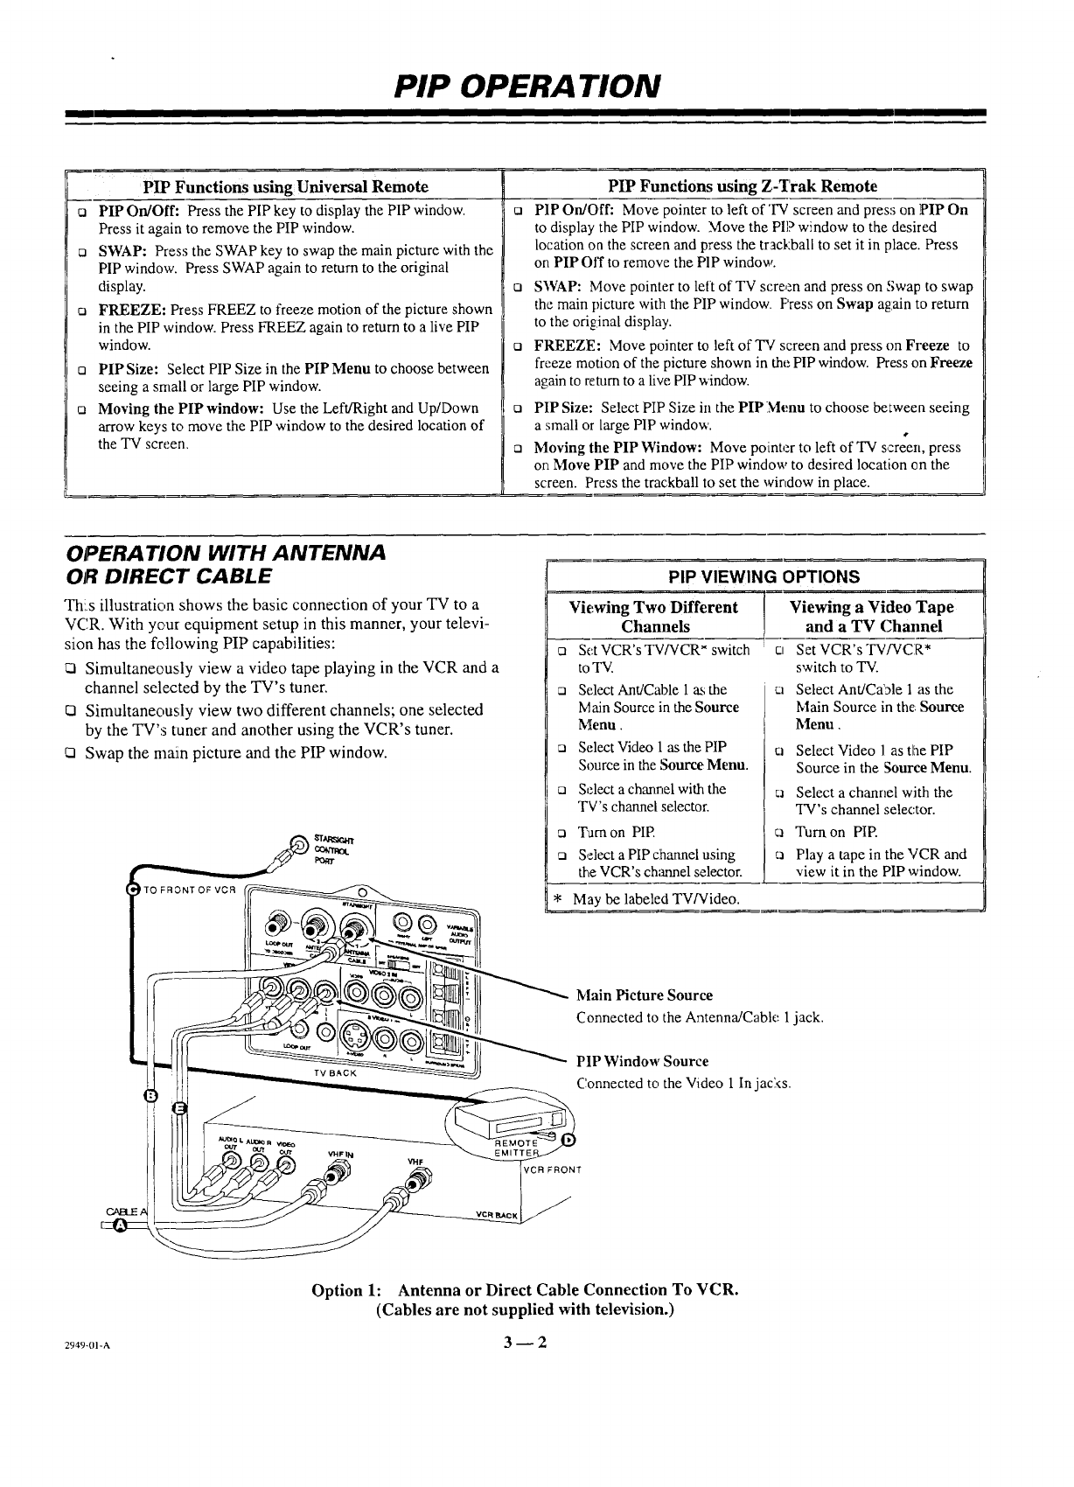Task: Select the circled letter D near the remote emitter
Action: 568,1139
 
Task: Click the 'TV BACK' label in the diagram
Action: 334,1072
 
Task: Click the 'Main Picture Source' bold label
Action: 645,995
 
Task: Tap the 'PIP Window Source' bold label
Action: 642,1061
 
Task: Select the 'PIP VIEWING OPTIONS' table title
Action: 764,576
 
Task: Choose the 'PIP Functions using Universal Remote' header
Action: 286,186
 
